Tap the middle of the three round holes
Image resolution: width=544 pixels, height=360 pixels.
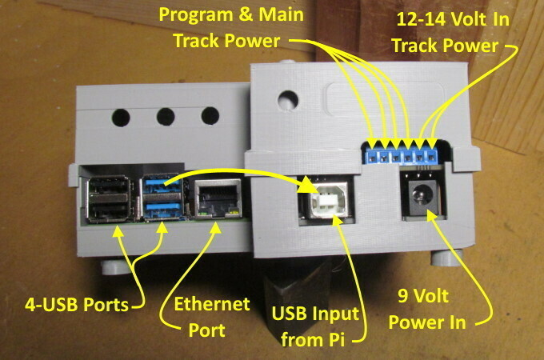166,117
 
